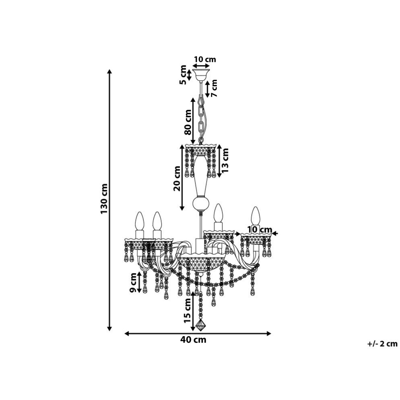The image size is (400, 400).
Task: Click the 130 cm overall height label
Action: (104, 199)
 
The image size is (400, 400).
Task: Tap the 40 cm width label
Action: (193, 346)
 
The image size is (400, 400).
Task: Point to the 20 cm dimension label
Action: (177, 178)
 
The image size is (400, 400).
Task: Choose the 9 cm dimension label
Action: (133, 283)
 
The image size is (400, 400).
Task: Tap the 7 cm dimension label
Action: (214, 88)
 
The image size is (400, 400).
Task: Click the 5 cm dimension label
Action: (183, 75)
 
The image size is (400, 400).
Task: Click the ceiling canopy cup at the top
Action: (201, 75)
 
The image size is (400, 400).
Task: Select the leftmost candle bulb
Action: (140, 221)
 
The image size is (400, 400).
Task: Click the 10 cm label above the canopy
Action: (205, 59)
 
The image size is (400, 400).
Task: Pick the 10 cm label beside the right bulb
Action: (260, 230)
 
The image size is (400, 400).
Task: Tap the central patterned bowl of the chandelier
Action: (200, 264)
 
